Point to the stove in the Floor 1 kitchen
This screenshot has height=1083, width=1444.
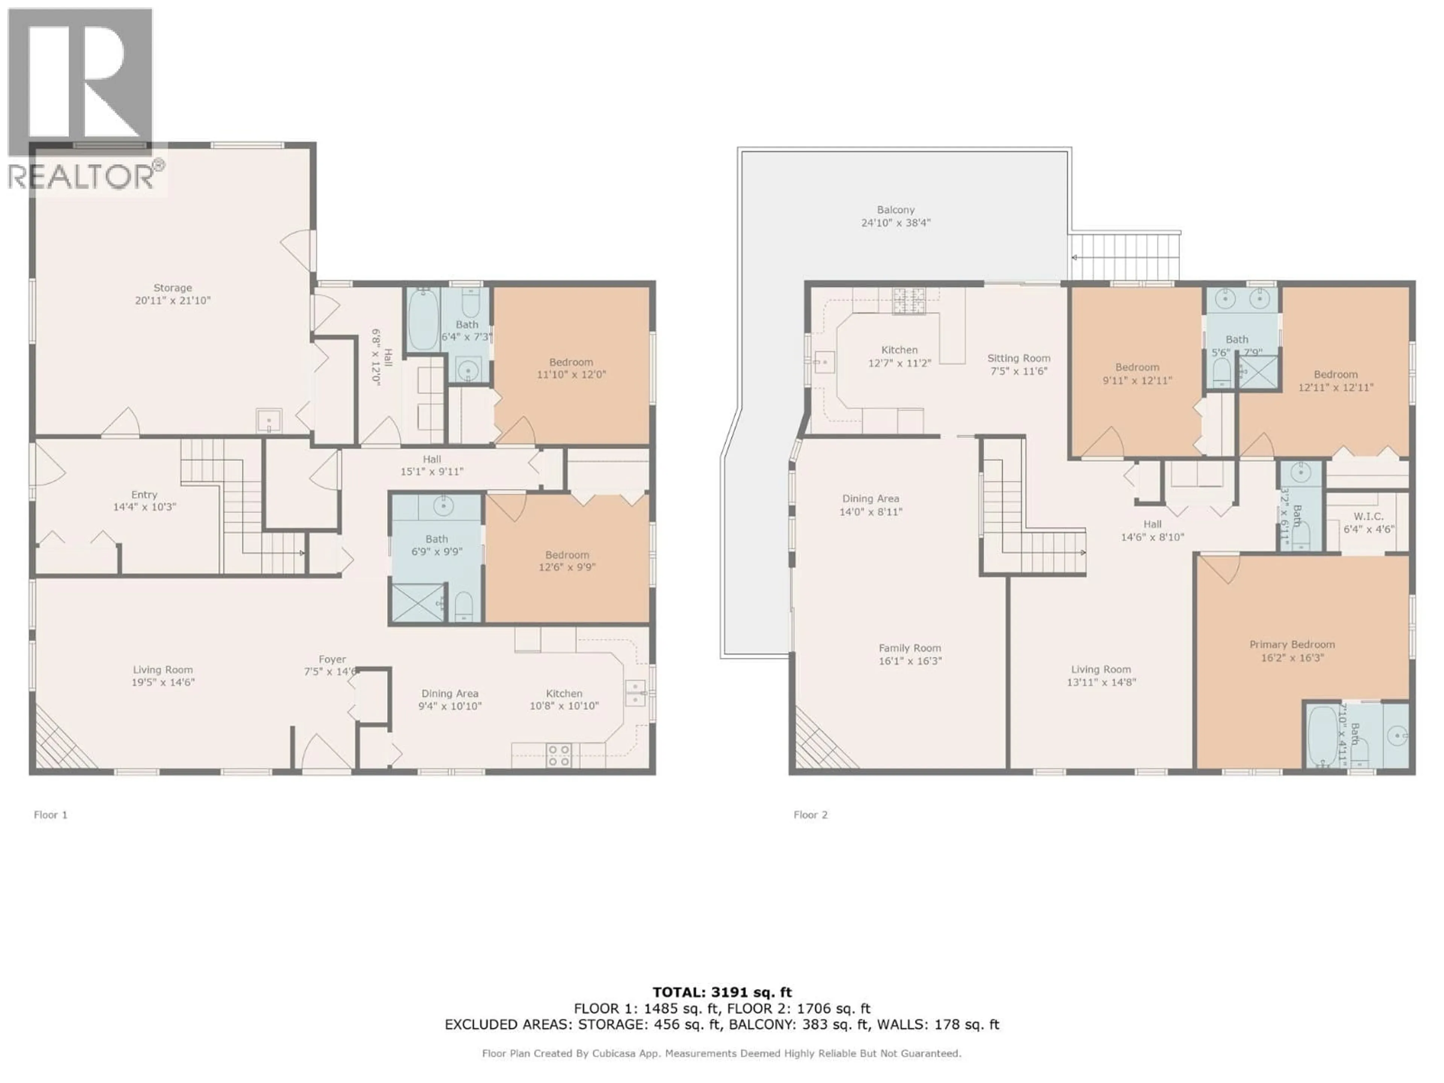pos(559,755)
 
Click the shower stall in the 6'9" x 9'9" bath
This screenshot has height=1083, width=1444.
pos(417,602)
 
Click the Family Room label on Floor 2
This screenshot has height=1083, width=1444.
pos(909,648)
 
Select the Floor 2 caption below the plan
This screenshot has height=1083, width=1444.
pos(810,815)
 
